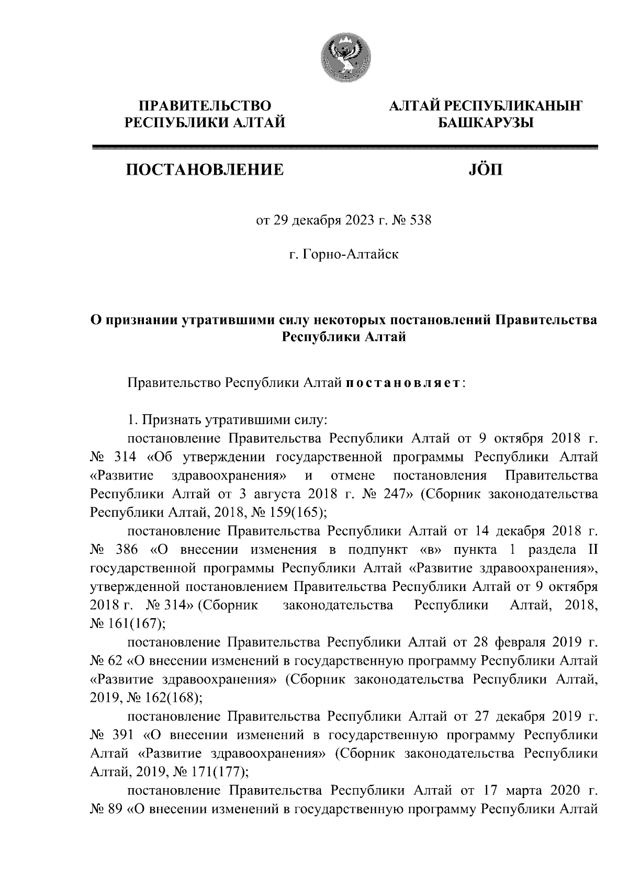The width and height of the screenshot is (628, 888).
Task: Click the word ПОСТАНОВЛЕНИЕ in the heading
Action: click(204, 169)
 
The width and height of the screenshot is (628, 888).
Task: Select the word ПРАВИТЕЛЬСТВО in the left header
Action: click(204, 106)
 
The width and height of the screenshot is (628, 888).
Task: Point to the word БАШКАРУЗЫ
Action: click(485, 123)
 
